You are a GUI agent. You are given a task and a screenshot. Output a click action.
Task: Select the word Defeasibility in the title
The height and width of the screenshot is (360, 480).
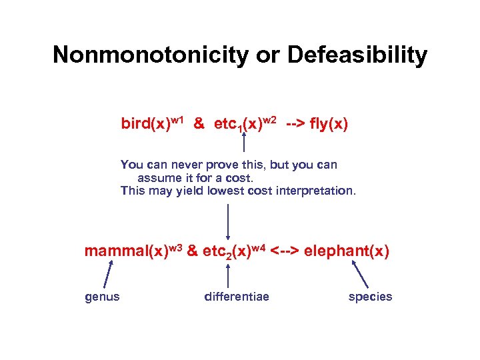coord(357,55)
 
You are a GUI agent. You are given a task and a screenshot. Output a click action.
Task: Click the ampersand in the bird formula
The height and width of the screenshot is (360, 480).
coord(199,124)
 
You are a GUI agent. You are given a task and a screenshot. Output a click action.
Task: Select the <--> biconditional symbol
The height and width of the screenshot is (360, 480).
coord(285,251)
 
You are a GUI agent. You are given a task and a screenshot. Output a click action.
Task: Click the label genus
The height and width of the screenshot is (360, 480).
coord(103,297)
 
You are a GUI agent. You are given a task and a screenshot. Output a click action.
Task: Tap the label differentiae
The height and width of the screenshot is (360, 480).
coord(237,297)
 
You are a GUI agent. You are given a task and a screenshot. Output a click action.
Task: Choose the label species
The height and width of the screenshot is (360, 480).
coord(371,297)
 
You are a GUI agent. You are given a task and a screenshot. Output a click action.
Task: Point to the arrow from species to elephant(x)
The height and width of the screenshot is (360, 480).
coord(359,273)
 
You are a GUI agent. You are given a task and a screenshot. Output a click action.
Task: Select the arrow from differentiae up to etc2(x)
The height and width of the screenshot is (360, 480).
coord(229,275)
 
